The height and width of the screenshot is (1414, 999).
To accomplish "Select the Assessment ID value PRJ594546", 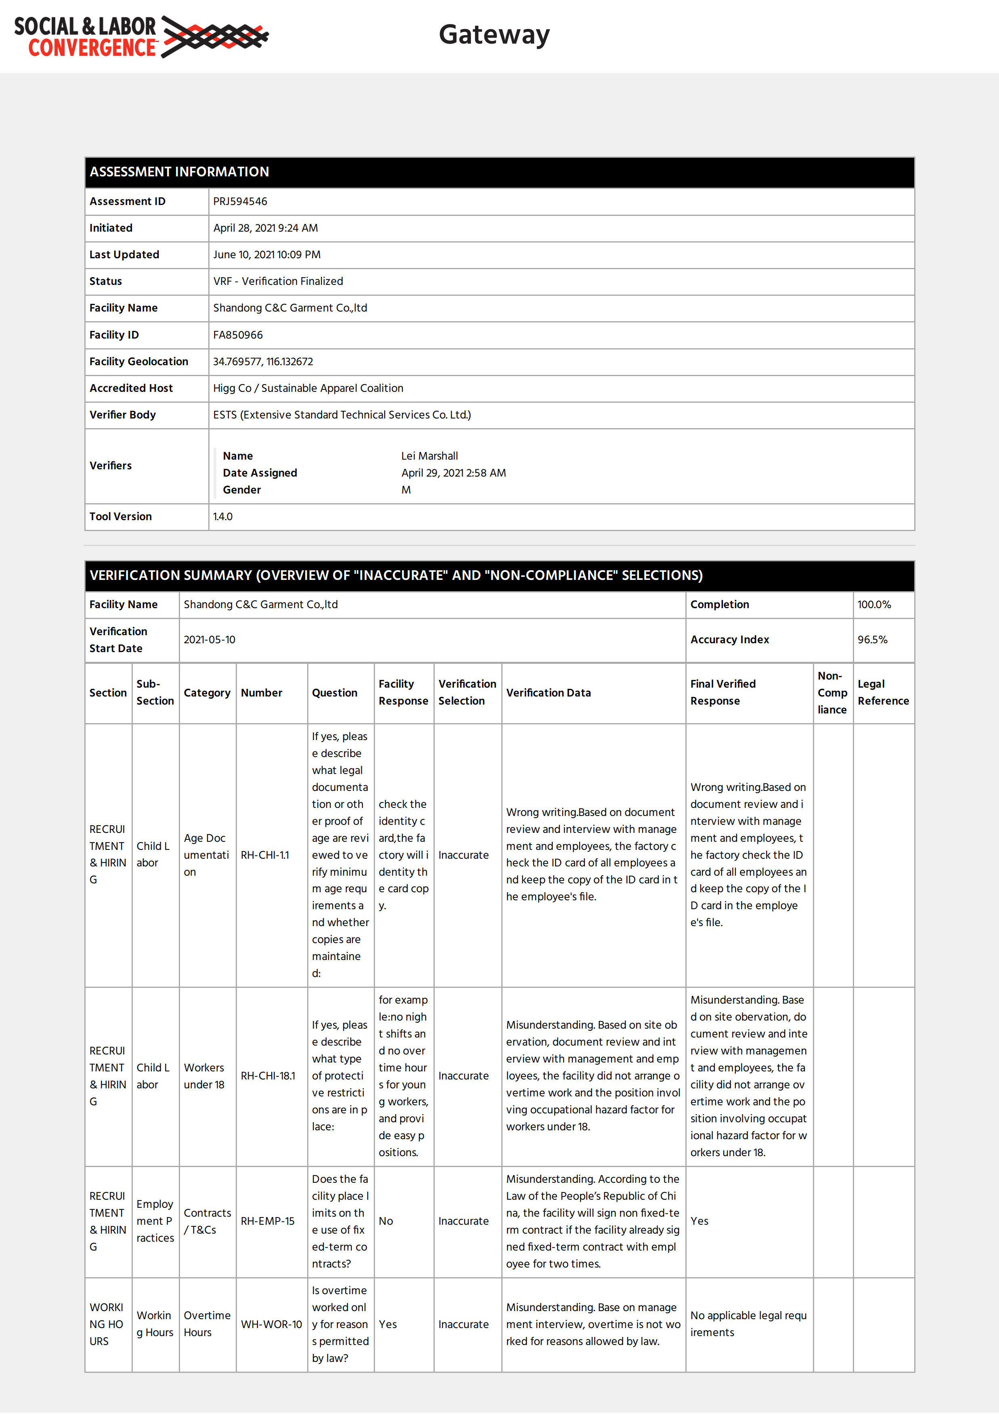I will coord(240,201).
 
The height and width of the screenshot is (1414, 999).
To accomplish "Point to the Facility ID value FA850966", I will coord(238,335).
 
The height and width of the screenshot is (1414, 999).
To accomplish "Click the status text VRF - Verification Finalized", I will coord(278,281).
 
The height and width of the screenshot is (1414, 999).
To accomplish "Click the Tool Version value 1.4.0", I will coord(223,517).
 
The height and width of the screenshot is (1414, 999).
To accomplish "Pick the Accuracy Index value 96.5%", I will coord(872,640).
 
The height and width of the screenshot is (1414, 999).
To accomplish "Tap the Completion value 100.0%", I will coord(874,605).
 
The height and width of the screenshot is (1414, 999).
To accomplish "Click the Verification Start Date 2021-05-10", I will coord(209,640).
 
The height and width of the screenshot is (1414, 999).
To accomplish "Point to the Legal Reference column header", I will coord(883,693).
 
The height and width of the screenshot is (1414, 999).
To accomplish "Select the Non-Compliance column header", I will coord(832,693).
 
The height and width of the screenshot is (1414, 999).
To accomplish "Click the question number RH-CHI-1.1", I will coord(265,856).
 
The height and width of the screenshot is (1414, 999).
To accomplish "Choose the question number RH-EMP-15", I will coord(267,1221).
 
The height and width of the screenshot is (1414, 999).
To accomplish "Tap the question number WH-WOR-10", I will coord(271,1325).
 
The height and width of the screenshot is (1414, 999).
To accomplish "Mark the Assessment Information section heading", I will coord(179,172).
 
